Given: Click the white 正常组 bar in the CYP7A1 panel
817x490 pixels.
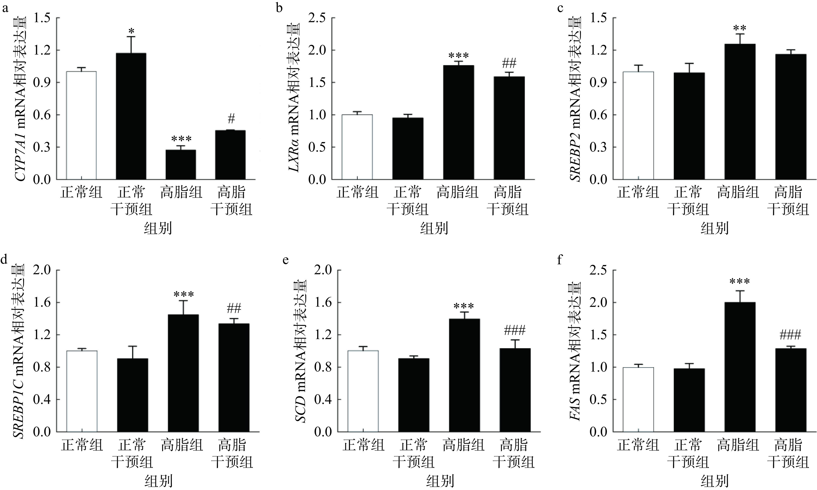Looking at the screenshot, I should pos(81,125).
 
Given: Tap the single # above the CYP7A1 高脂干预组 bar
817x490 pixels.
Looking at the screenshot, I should pos(231,119).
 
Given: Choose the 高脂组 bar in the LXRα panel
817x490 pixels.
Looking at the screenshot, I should pos(458,122).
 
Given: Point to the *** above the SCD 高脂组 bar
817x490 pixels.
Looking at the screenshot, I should pos(464,307).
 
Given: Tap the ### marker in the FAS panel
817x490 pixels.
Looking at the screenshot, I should pos(790,335).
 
